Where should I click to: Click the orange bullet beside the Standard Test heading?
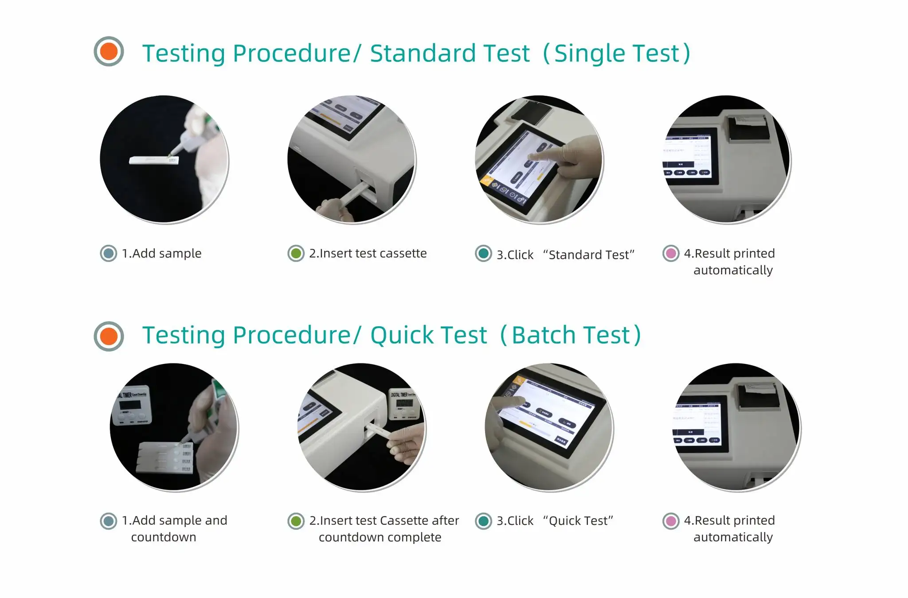point(109,51)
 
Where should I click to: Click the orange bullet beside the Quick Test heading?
point(109,336)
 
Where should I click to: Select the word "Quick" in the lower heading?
point(403,335)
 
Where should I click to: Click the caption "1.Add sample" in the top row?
point(161,254)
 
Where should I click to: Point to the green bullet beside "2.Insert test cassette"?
point(296,254)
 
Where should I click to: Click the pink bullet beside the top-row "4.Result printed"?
point(671,254)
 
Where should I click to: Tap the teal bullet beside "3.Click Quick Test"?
point(483,521)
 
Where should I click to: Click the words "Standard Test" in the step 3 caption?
point(589,255)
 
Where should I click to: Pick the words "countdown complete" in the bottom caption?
point(380,537)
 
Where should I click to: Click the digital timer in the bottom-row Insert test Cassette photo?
point(404,404)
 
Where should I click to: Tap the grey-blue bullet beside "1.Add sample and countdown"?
point(109,521)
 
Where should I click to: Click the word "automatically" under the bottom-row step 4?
point(733,537)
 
